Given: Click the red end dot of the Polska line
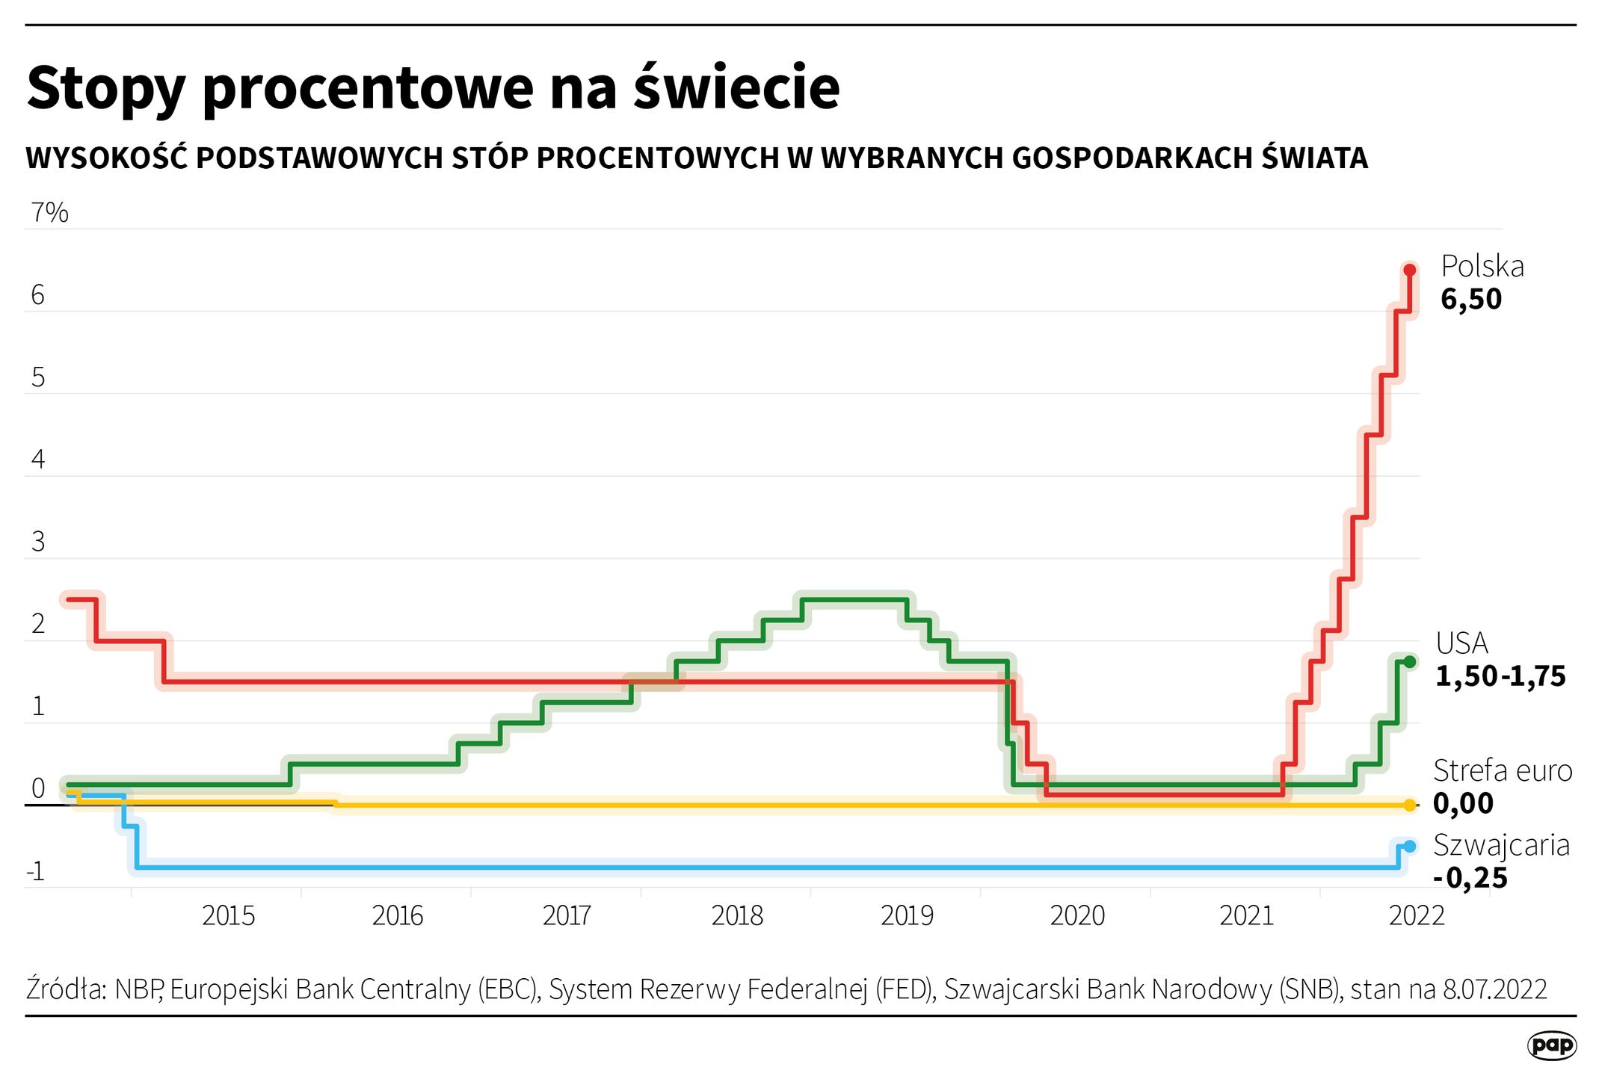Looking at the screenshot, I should (x=1409, y=270).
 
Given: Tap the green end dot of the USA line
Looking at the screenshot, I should (x=1410, y=661).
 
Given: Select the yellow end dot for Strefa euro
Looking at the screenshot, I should (x=1410, y=805).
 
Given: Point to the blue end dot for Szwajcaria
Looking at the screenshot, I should (x=1410, y=846).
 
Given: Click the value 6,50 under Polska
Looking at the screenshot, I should (x=1470, y=300).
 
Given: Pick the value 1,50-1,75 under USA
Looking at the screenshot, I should (x=1500, y=676).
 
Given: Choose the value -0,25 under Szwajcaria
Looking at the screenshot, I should (x=1470, y=878).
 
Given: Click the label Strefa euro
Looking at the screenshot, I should (x=1502, y=770).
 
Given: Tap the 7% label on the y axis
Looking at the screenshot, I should (x=49, y=214).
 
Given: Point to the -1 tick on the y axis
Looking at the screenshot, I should (x=36, y=871).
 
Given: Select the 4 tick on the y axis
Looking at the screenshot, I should (x=38, y=460).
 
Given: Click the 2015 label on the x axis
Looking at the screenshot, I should (x=228, y=916).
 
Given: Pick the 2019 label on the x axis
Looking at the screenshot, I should (x=907, y=916).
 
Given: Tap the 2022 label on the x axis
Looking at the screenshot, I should (x=1416, y=916).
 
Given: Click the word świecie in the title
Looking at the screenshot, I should (x=736, y=88).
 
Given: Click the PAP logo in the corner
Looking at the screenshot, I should (x=1551, y=1045).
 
